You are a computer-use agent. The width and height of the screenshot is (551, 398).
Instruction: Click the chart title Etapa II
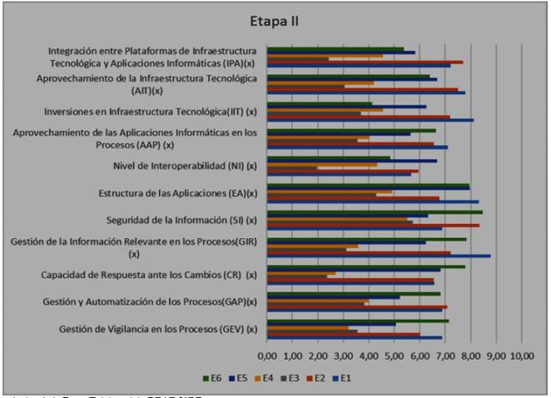pyautogui.click(x=275, y=20)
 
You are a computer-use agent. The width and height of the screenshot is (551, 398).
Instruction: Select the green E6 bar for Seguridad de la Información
pyautogui.click(x=374, y=212)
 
